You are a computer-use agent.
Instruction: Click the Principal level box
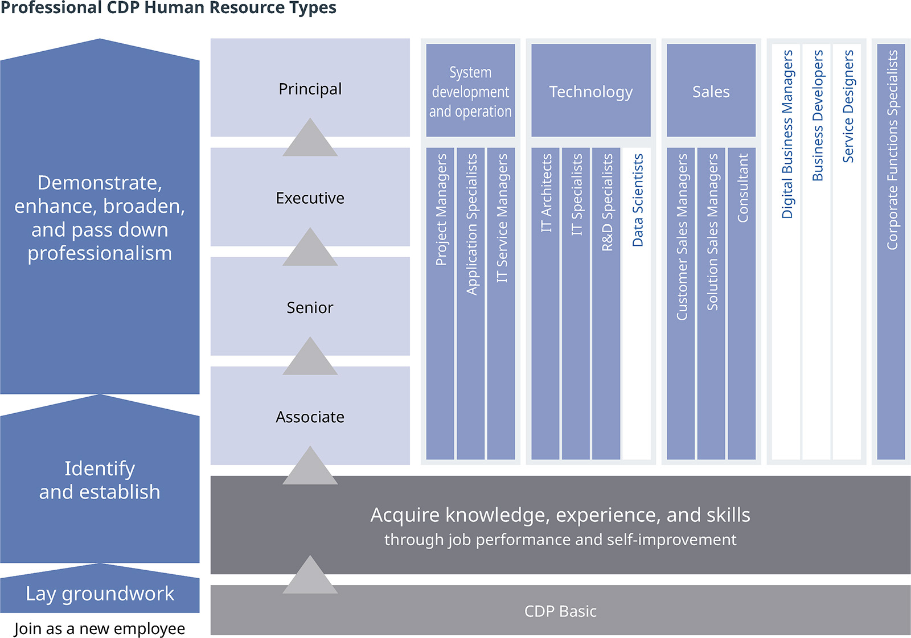click(x=310, y=89)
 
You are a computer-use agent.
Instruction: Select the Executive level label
click(x=310, y=198)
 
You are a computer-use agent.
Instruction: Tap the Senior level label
click(x=310, y=307)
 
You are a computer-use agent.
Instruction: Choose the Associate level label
click(x=310, y=417)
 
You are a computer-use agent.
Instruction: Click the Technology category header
click(x=590, y=91)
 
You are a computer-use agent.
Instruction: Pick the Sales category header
click(x=711, y=91)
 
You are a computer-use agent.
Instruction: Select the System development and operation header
click(x=470, y=91)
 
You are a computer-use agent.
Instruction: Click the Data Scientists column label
click(x=637, y=200)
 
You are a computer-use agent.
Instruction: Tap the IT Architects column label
click(x=546, y=193)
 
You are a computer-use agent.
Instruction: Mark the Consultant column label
click(x=742, y=188)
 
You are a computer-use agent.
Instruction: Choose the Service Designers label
click(x=848, y=106)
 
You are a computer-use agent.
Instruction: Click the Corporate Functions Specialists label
click(x=892, y=150)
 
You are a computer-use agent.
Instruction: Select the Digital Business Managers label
click(x=787, y=134)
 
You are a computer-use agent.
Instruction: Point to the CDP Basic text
click(x=560, y=611)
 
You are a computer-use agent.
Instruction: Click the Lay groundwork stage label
click(x=100, y=594)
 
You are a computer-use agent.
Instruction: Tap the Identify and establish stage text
click(x=100, y=480)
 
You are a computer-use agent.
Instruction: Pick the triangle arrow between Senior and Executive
click(x=310, y=248)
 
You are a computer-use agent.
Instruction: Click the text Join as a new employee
click(x=100, y=628)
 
